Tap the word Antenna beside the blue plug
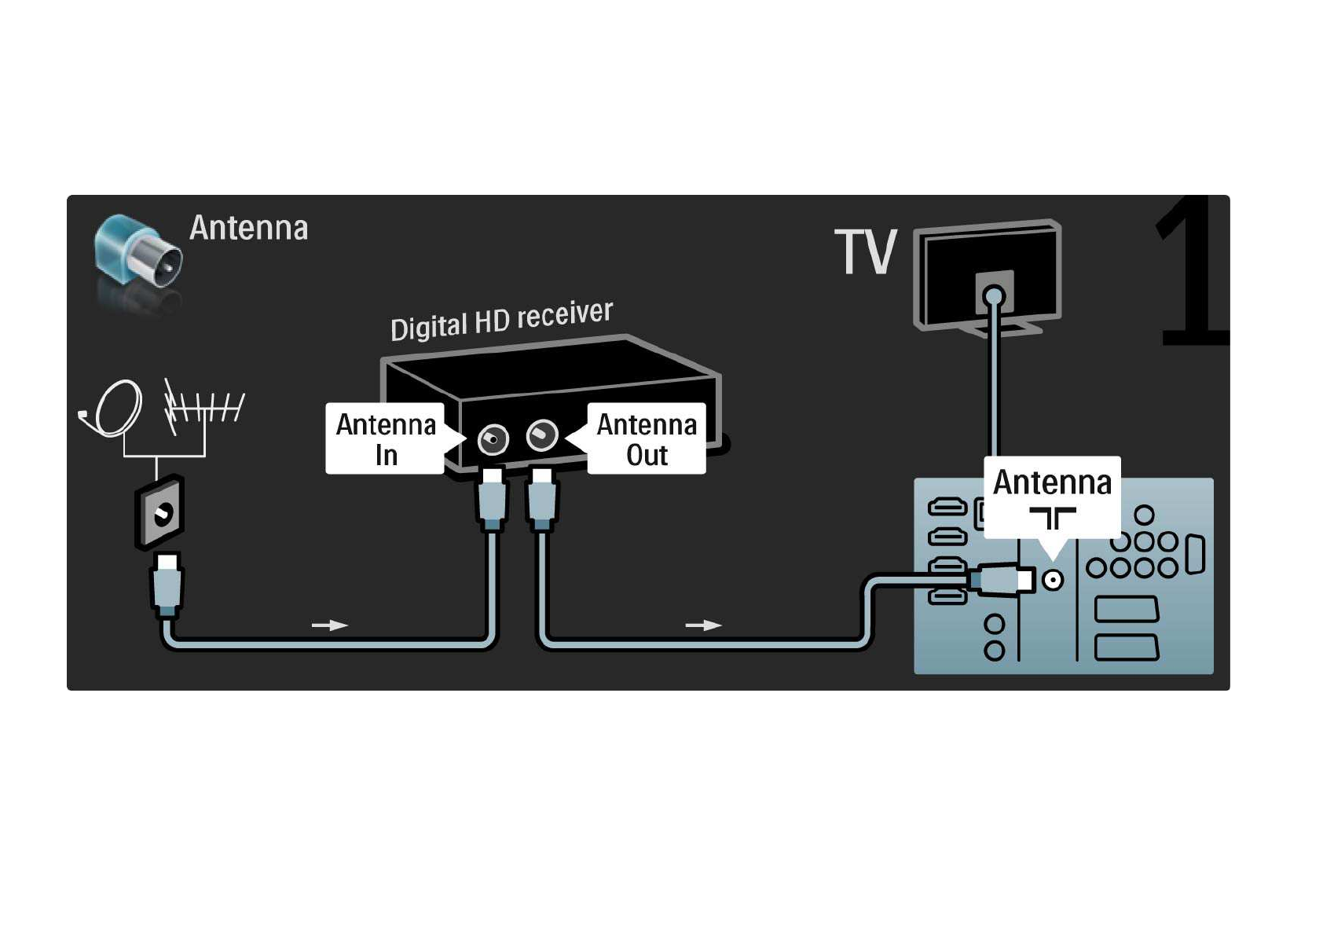point(249,228)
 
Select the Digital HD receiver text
point(501,321)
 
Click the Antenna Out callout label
point(646,439)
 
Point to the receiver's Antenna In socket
point(493,439)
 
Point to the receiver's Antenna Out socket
point(541,435)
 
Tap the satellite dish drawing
point(113,408)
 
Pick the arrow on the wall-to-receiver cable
point(329,625)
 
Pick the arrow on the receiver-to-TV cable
point(703,625)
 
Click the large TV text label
point(866,252)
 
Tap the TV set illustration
point(988,278)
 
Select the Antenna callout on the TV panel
point(1053,497)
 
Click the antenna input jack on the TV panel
point(1053,580)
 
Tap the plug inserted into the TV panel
point(1002,579)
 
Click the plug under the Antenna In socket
point(492,499)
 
